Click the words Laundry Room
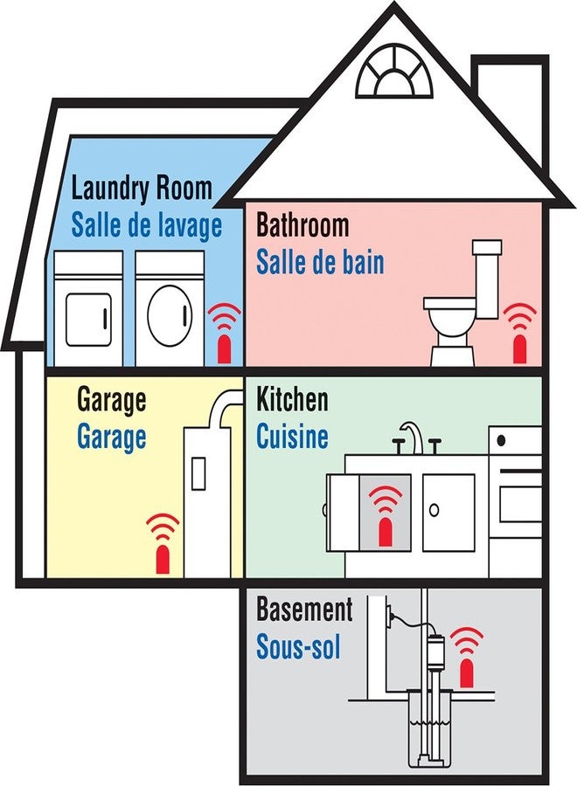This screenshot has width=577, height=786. pos(142,188)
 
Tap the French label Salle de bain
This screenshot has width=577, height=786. pos(320,262)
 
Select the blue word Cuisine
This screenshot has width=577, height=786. pos(292,436)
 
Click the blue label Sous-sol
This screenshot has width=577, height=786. pos(298,646)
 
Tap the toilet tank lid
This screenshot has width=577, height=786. pos(487,246)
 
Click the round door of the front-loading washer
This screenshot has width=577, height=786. pos(170,314)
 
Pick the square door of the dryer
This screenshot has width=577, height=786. pos(88,318)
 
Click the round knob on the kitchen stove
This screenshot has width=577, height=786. pos(501,441)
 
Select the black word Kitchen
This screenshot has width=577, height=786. pos(292,399)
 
